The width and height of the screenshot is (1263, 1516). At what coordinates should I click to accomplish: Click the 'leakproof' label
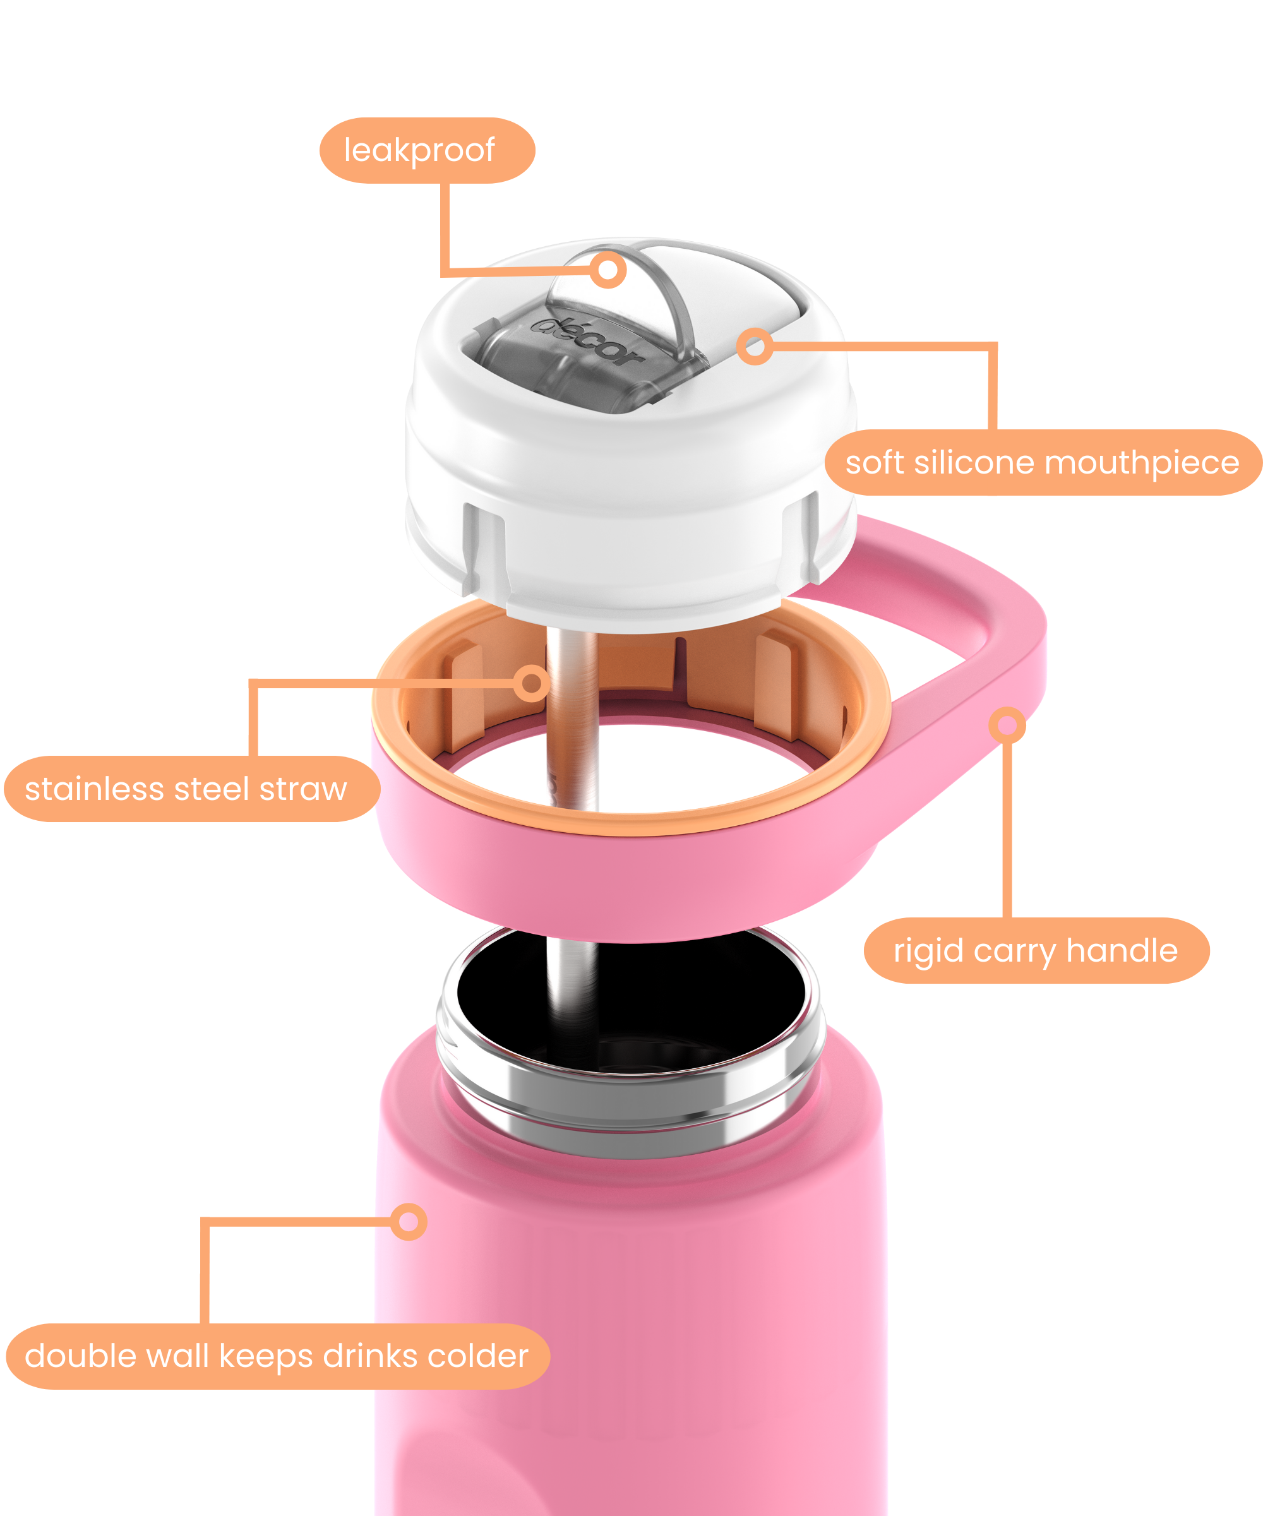427,150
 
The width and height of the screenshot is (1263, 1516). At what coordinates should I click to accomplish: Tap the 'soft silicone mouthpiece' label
1043,463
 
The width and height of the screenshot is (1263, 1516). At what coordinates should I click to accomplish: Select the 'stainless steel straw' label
192,789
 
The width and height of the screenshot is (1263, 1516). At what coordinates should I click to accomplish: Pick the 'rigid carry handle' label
1036,951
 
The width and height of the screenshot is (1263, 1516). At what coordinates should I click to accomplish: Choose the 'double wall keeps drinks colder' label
278,1356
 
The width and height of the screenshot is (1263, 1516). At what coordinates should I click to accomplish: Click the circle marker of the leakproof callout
608,270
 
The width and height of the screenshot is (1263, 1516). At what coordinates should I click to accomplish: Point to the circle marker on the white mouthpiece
755,347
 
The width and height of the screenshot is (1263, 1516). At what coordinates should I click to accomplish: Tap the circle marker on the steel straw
532,683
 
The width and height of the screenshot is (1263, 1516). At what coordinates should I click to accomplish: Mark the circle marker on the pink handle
1007,725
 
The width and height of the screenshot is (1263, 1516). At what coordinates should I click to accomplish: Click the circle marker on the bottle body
409,1222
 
